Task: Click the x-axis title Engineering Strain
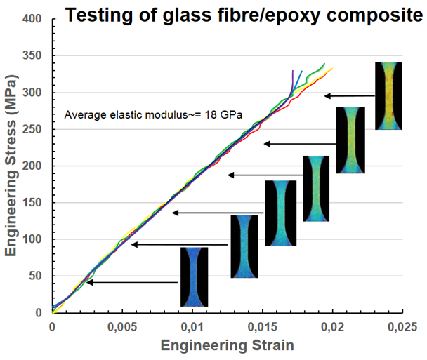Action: (227, 346)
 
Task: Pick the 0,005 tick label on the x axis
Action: (122, 326)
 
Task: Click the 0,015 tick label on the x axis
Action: (263, 326)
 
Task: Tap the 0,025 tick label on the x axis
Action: (402, 326)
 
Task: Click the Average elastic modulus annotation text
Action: (153, 114)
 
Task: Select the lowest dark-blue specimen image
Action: (194, 276)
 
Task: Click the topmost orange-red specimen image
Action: (388, 95)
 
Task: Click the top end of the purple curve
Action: (293, 71)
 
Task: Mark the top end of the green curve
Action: (324, 64)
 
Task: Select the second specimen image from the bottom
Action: (244, 246)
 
